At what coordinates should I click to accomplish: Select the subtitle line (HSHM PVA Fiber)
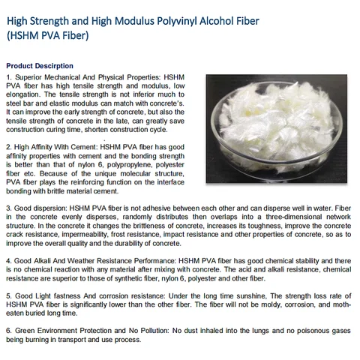pos(48,34)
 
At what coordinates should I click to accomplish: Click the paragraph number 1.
pos(8,77)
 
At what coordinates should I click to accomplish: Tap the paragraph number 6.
pos(8,331)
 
